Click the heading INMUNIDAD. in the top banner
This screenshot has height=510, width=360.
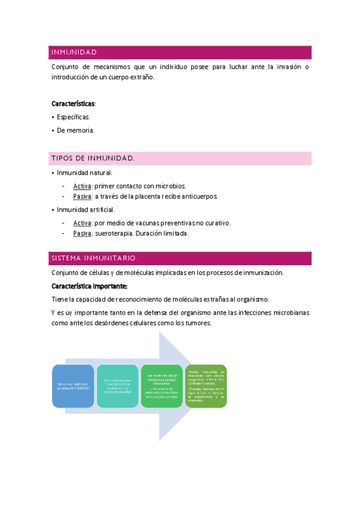(75, 52)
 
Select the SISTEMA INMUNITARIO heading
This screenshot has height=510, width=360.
(95, 258)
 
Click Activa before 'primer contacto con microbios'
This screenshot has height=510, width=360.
(82, 186)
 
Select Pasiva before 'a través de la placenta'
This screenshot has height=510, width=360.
(82, 197)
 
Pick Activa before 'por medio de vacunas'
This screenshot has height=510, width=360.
(82, 223)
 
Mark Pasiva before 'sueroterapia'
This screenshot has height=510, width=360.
(82, 233)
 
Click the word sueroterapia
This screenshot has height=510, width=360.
(114, 233)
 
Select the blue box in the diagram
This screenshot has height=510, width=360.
(73, 386)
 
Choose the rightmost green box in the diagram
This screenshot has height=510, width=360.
(206, 386)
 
